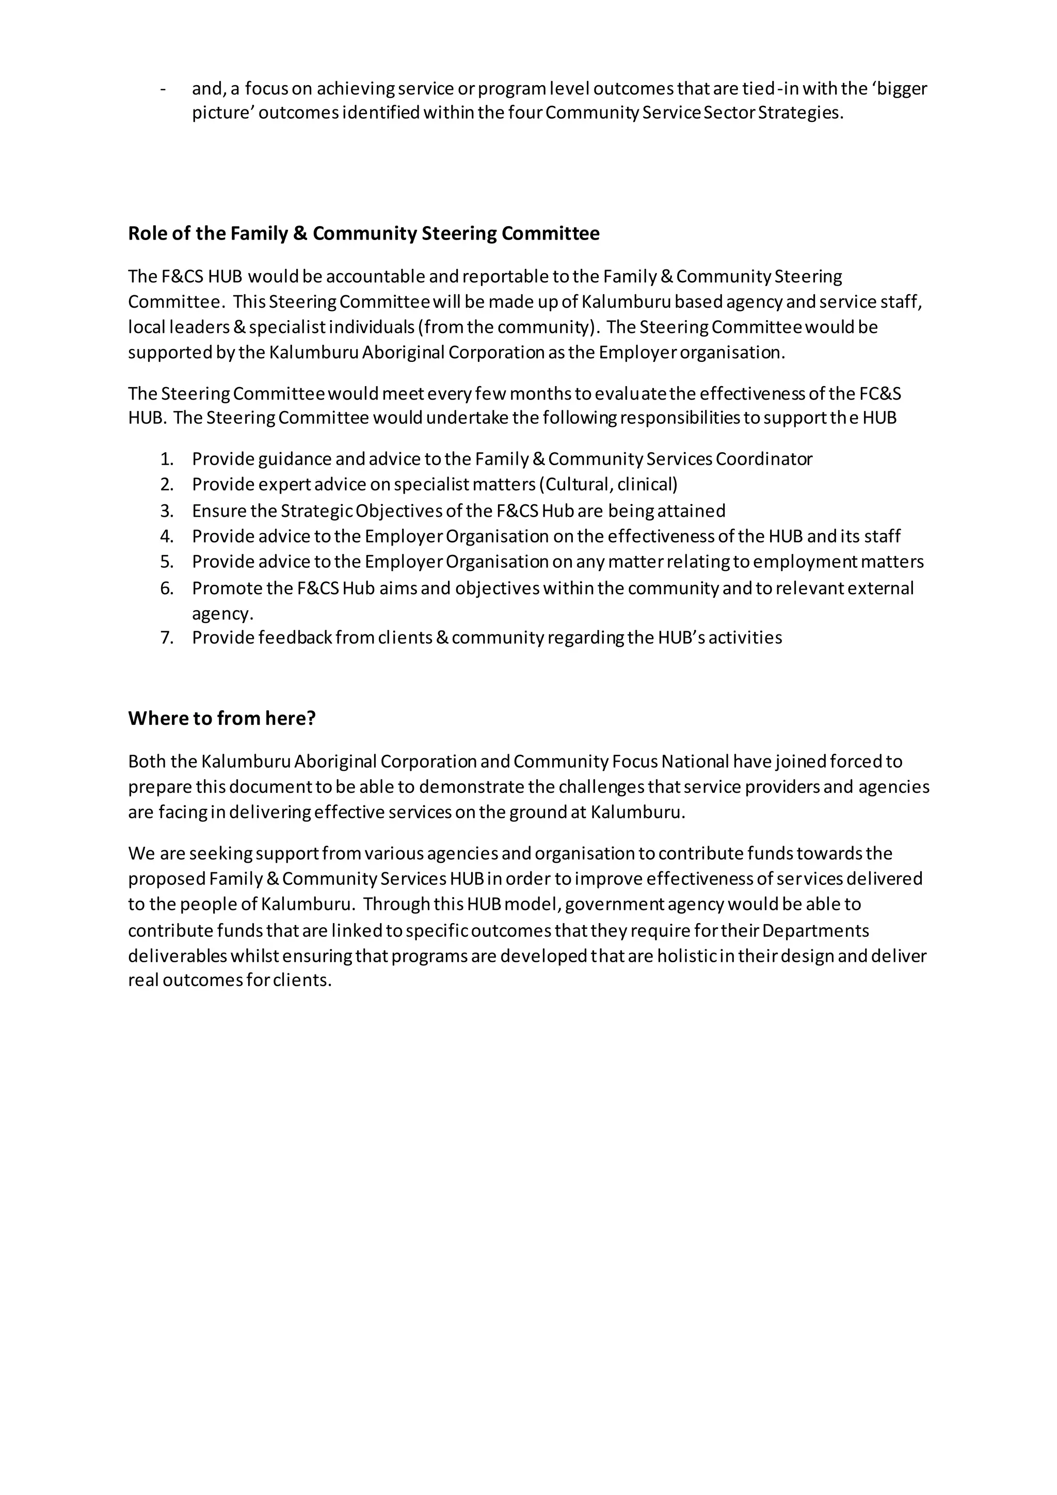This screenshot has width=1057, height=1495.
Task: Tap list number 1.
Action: tap(167, 459)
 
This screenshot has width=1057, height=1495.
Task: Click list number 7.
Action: tap(167, 638)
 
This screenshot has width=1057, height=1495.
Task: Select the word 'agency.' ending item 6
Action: tap(222, 613)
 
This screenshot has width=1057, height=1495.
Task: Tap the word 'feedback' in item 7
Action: tap(295, 638)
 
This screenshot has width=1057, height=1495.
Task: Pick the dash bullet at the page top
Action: tap(163, 89)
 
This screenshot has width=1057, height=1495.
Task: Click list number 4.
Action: tap(167, 536)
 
